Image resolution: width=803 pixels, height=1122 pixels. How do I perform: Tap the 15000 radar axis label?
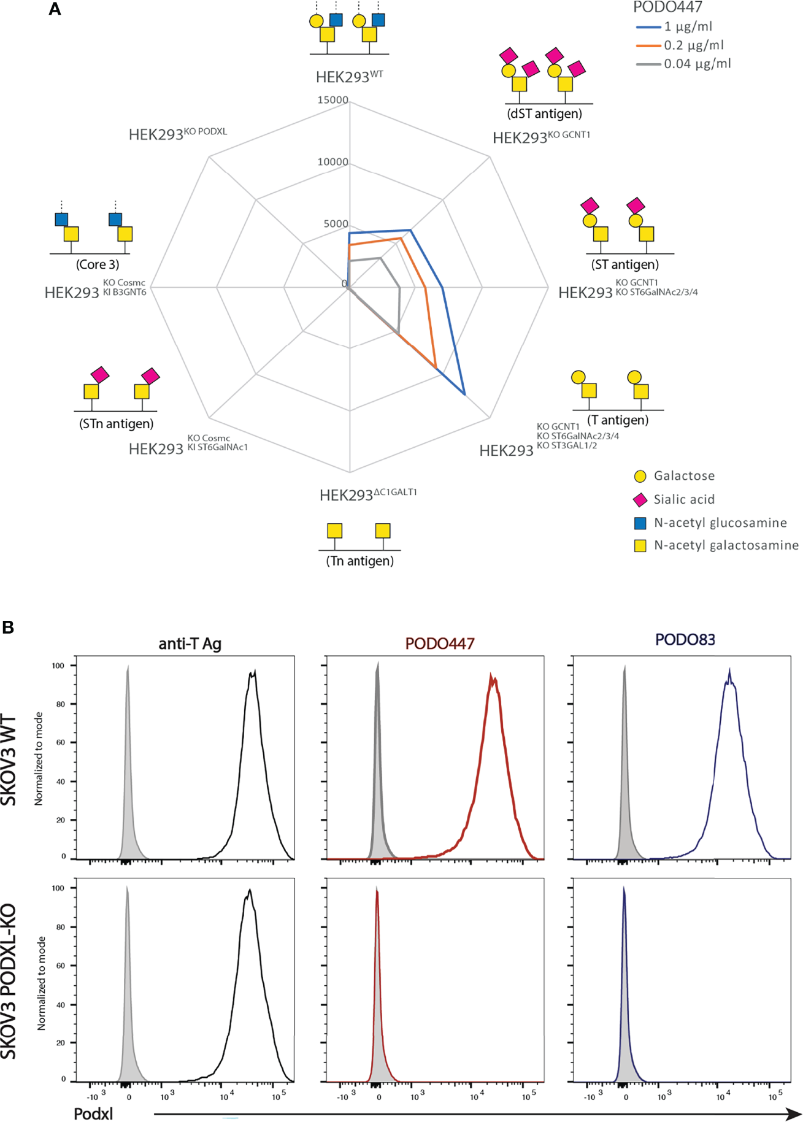332,100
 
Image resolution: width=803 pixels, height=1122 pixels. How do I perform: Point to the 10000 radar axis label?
332,162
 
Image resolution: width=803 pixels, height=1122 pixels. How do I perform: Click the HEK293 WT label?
349,77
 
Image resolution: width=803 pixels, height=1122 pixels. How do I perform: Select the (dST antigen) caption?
544,113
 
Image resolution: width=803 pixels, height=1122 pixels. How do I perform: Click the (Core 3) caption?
98,264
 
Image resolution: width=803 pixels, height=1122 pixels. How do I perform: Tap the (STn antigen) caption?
116,423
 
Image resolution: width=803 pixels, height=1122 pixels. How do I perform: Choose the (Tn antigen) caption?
359,561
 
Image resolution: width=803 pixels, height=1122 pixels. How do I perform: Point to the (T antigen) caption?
617,420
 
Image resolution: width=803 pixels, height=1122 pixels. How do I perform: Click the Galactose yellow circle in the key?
640,476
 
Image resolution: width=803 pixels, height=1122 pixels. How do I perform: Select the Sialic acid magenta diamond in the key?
640,500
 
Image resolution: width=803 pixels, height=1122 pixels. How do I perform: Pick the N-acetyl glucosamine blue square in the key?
640,523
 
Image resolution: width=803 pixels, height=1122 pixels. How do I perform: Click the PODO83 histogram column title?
685,640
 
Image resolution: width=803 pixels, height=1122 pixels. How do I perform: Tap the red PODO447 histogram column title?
439,644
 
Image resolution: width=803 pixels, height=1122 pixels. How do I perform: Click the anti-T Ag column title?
190,644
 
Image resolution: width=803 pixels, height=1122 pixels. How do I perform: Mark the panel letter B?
8,627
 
